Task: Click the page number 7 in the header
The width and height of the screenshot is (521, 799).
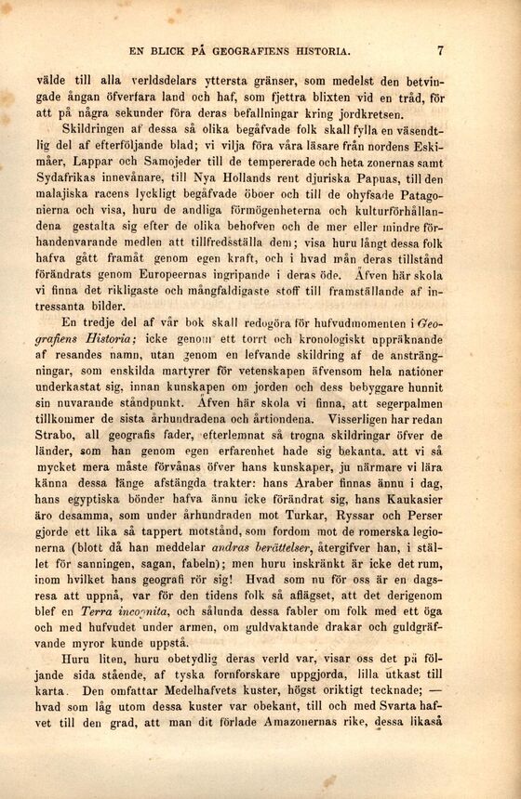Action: point(440,51)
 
